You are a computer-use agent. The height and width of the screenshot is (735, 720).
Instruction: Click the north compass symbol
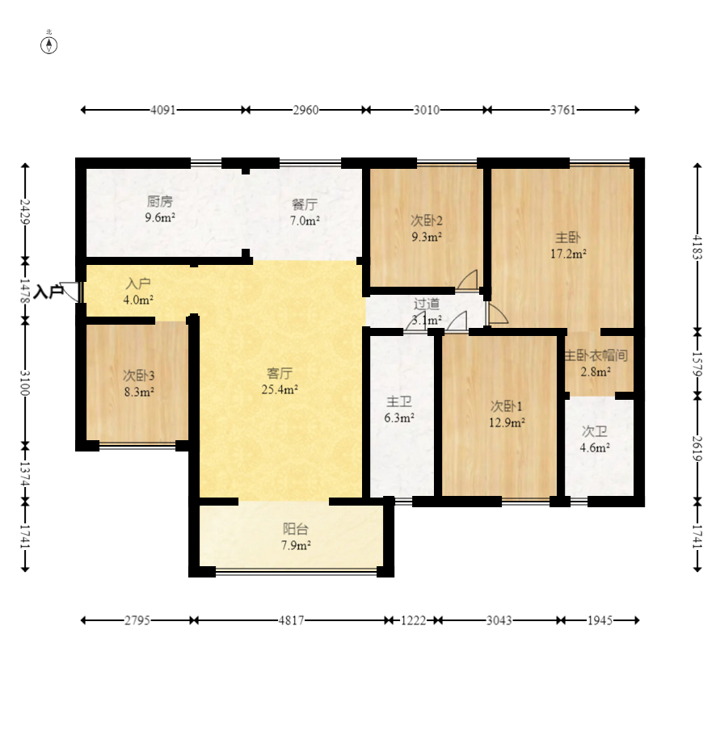tap(48, 45)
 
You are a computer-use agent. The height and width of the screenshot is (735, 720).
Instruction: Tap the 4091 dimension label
tap(162, 110)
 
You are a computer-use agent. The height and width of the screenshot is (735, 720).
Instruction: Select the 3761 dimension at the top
tap(562, 110)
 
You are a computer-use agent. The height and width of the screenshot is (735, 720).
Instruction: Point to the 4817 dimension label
tap(291, 620)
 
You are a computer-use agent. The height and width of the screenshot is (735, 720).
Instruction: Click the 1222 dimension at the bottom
tap(413, 620)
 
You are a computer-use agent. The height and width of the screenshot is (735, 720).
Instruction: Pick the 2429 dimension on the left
tap(25, 212)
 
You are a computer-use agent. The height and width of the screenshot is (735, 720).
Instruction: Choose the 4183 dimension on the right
tap(697, 247)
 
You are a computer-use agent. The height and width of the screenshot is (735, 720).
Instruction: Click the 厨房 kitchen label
tap(159, 202)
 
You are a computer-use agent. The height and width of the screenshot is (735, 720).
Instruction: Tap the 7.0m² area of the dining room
tap(305, 220)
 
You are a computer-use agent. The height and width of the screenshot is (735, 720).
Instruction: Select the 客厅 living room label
tap(280, 374)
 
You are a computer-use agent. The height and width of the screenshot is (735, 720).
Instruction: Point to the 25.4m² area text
tap(280, 389)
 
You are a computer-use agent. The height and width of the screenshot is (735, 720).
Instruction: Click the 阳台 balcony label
tap(296, 529)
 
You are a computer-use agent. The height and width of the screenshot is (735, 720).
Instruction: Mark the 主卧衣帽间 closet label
tap(596, 355)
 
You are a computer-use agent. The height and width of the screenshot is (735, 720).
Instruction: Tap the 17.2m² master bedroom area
tap(569, 254)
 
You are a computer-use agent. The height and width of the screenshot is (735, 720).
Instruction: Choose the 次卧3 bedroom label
tap(139, 376)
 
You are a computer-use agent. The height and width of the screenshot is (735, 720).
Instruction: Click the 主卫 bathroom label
tap(399, 401)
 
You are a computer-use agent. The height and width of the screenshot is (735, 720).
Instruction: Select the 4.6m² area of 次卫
tap(595, 447)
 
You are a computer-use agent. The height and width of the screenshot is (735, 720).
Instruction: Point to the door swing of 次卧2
tap(468, 279)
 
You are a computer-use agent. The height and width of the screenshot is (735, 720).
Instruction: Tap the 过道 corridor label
tap(427, 304)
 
